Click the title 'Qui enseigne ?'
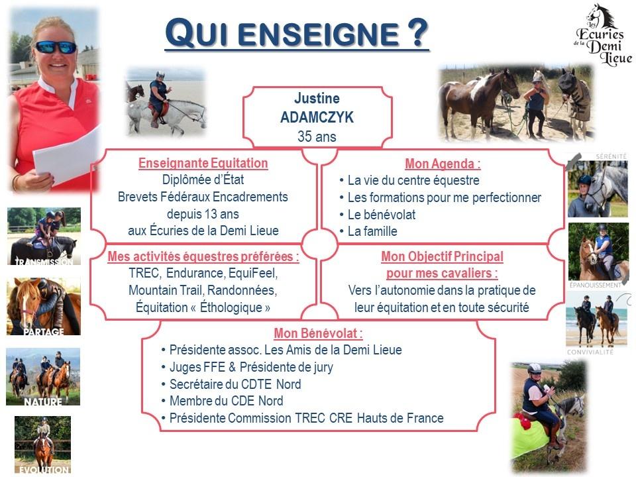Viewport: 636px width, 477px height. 297,32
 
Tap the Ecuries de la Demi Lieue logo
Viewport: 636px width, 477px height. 603,35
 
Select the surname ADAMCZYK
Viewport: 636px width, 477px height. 317,117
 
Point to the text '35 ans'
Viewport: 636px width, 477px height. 317,136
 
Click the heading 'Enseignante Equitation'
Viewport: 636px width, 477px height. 203,163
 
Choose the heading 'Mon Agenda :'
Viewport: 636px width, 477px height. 443,164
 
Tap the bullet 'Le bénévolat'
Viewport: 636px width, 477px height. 382,215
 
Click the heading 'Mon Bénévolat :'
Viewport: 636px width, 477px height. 319,333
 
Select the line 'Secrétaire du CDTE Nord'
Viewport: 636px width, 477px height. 235,384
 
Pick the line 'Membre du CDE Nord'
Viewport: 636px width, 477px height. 227,401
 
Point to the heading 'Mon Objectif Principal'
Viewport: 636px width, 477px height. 442,256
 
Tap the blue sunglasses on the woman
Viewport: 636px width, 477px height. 56,47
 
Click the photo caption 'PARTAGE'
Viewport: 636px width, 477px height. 44,332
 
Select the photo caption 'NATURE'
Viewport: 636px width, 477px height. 43,401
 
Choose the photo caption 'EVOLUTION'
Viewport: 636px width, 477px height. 44,470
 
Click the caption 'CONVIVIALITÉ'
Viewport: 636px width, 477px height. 590,352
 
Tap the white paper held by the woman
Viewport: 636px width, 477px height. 67,156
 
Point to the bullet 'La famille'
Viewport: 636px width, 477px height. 372,231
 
